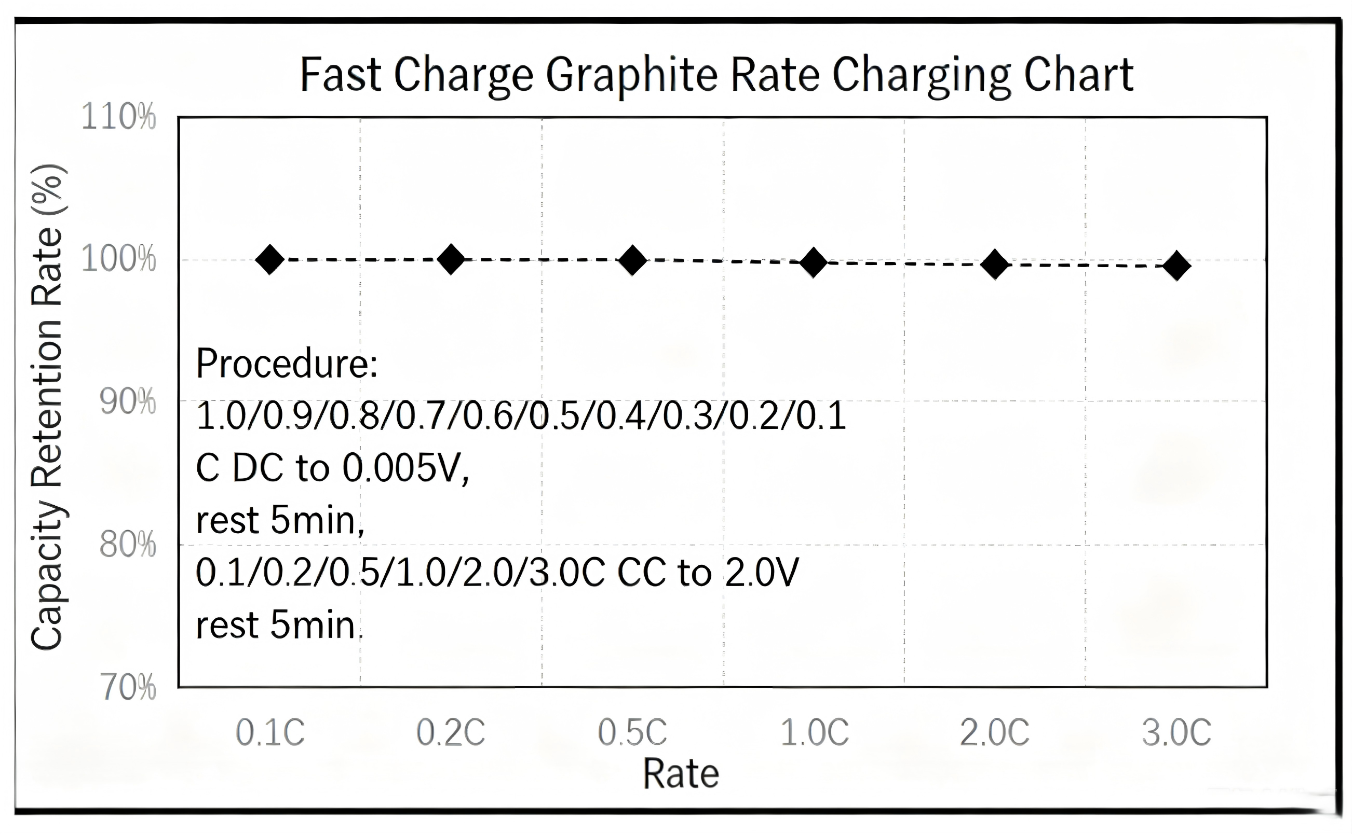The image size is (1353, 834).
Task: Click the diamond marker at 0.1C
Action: coord(270,259)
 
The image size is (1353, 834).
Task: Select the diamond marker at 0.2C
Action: coord(451,259)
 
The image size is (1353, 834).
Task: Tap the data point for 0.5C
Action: coord(632,260)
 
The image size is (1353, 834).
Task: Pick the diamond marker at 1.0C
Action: coord(813,262)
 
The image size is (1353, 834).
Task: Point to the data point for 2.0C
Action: coord(995,264)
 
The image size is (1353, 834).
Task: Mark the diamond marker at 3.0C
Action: coord(1176,266)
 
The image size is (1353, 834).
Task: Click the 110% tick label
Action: coord(119,117)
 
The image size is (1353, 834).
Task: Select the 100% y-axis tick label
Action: coord(119,259)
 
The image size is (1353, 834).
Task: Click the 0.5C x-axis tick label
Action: coord(632,732)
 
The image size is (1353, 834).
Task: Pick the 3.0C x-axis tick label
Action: coord(1176,732)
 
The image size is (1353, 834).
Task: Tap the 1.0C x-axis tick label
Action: coord(814,732)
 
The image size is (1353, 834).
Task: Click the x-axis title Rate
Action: coord(681,773)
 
